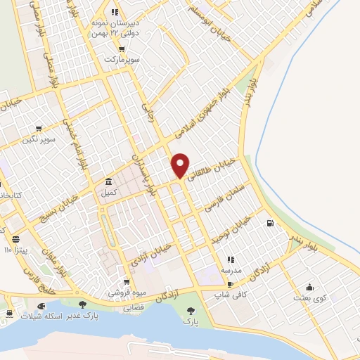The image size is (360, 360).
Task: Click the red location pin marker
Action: click(181, 165)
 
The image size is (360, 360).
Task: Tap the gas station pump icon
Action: click(270, 224)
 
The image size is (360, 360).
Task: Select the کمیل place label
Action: click(109, 192)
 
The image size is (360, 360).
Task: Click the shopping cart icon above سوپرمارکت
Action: click(122, 49)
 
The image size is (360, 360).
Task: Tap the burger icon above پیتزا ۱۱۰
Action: click(15, 239)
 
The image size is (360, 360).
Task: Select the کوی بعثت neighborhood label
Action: click(310, 298)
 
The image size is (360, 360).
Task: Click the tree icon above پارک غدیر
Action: click(82, 304)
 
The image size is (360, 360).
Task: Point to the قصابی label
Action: click(134, 308)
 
